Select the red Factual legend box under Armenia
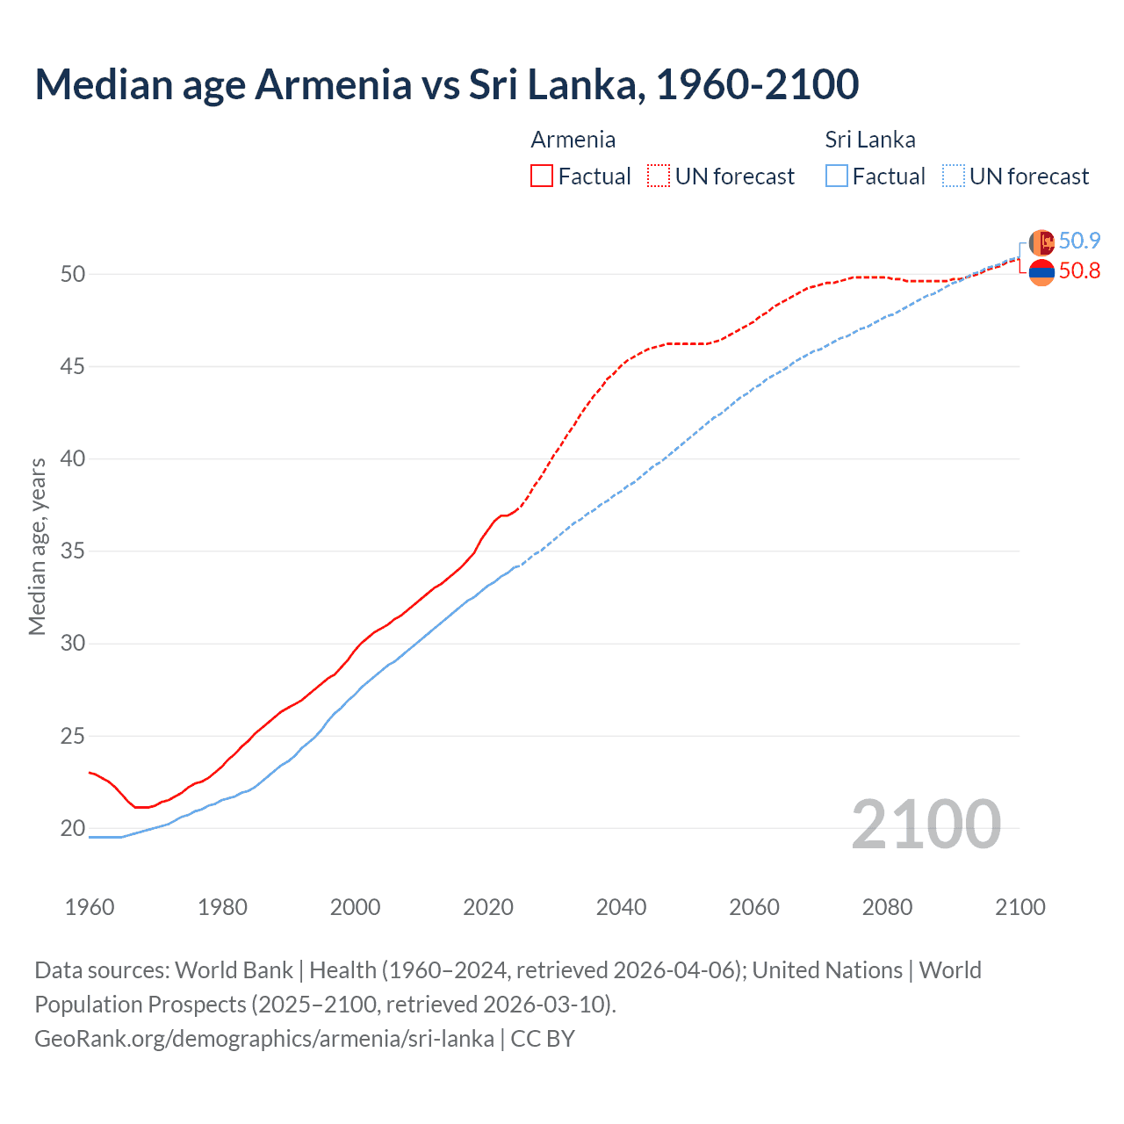tap(542, 176)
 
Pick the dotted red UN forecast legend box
tap(659, 176)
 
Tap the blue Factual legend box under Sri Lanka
tap(837, 176)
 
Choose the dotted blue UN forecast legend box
tap(954, 176)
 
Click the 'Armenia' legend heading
tap(573, 140)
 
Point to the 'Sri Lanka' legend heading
tap(869, 140)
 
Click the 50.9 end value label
tap(1079, 241)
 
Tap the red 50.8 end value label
tap(1079, 270)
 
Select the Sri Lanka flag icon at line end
tap(1041, 242)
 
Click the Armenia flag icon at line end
tap(1041, 272)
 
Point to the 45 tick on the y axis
tap(72, 366)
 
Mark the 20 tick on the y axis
tap(72, 828)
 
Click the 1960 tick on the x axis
tap(90, 907)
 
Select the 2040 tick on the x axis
tap(621, 907)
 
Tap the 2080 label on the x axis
tap(887, 907)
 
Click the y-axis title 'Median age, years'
tap(37, 546)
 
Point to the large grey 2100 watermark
tap(926, 824)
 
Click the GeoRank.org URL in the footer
tap(263, 1038)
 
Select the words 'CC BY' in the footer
tap(543, 1038)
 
